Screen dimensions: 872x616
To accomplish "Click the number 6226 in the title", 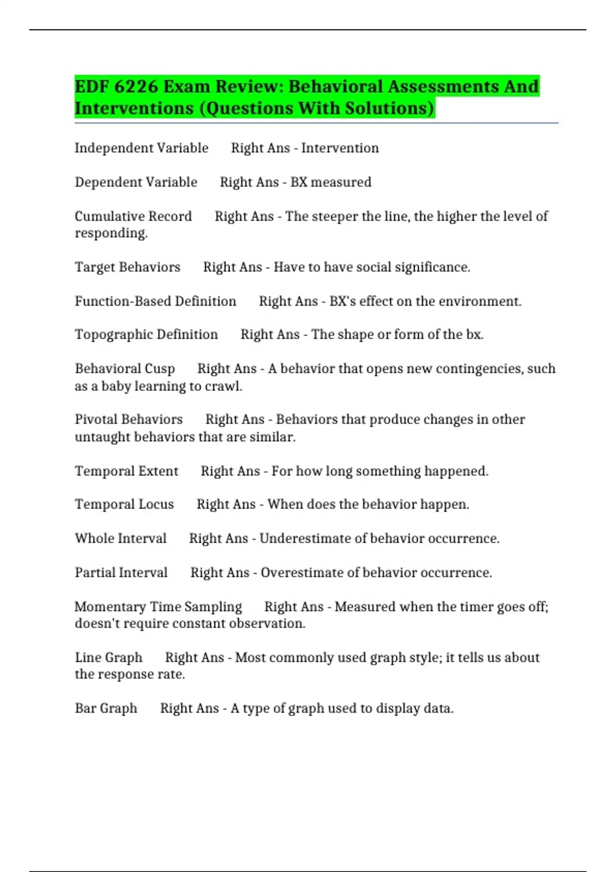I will click(x=136, y=86).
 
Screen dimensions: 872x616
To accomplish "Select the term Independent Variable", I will click(x=141, y=148).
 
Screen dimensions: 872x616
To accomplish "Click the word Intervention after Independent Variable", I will click(x=340, y=148).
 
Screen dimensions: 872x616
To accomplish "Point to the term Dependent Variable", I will click(x=136, y=182).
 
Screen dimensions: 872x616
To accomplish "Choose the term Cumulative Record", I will click(x=133, y=216).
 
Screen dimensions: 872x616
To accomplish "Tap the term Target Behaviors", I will click(x=127, y=267).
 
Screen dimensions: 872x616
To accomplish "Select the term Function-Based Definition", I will click(x=155, y=301).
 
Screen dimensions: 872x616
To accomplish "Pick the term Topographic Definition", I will click(x=146, y=334).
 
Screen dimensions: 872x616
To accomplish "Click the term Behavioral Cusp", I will click(x=125, y=369).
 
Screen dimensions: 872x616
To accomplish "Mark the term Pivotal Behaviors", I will click(x=128, y=420).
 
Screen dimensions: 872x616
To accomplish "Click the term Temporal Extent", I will click(x=126, y=471).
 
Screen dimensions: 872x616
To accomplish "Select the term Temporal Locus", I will click(x=124, y=504).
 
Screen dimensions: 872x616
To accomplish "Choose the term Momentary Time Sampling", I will click(x=158, y=607).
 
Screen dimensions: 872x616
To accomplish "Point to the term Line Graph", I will click(x=108, y=658).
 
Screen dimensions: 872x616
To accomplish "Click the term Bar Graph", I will click(x=106, y=708).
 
